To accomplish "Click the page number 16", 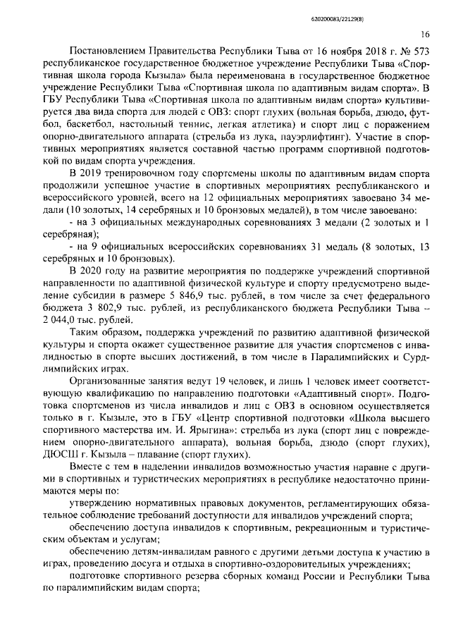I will click(x=425, y=33).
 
